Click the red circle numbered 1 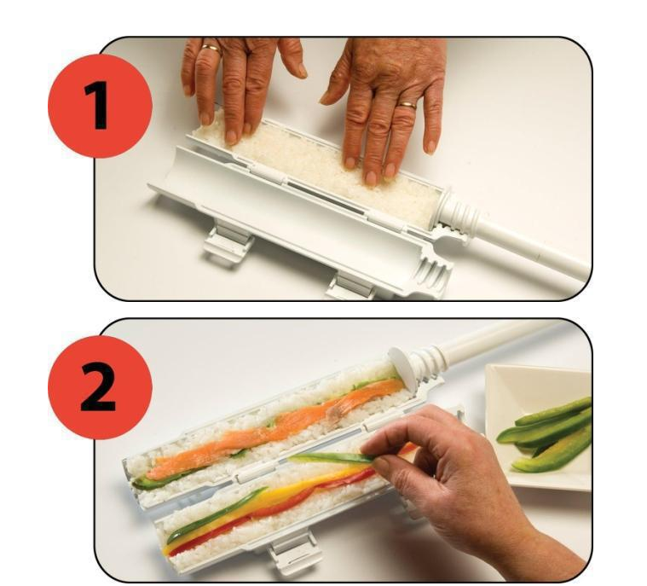tap(100, 106)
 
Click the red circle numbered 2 tap(100, 387)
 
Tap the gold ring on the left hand tap(211, 49)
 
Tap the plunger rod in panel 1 tap(532, 247)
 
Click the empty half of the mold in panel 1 tap(289, 215)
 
